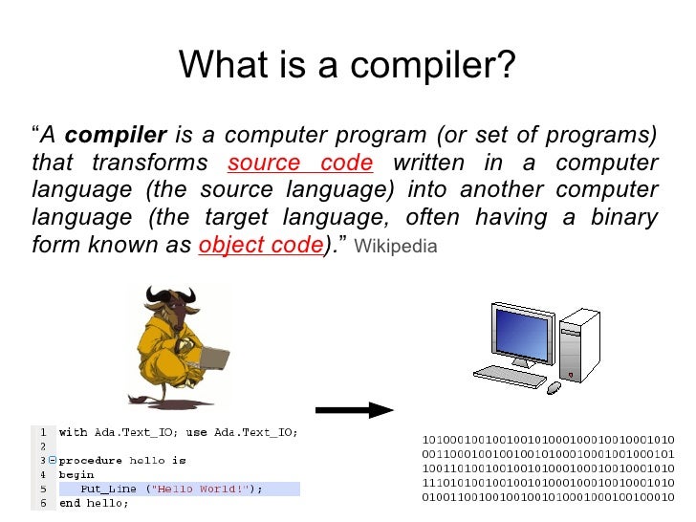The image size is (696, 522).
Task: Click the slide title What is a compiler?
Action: point(347,65)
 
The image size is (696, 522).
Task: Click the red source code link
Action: point(300,163)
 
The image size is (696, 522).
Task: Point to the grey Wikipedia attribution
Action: point(395,247)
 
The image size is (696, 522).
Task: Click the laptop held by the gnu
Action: point(211,356)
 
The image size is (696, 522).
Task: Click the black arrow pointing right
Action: point(353,410)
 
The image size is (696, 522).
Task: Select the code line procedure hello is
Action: point(122,460)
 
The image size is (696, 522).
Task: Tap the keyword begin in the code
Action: point(76,474)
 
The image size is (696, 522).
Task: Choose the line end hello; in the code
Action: point(94,503)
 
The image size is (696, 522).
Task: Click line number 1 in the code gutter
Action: point(42,432)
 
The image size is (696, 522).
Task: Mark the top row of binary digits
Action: point(548,440)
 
